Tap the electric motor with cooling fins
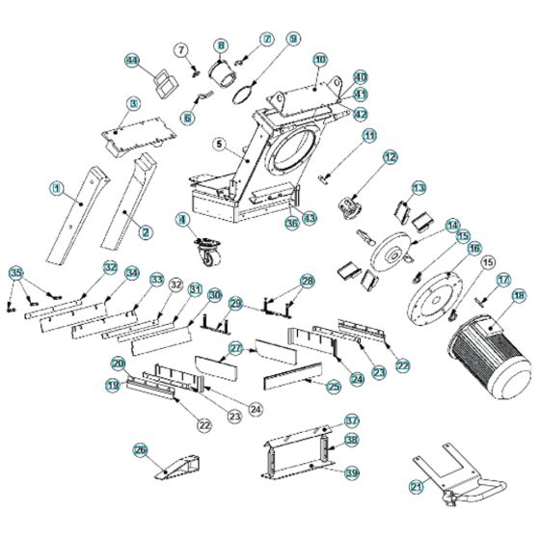coord(490,353)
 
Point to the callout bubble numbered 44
coord(132,60)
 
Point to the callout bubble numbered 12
coord(390,155)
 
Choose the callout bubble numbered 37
coord(351,420)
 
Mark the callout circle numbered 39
coord(351,472)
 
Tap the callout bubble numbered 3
coord(134,102)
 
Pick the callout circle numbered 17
coord(502,280)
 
